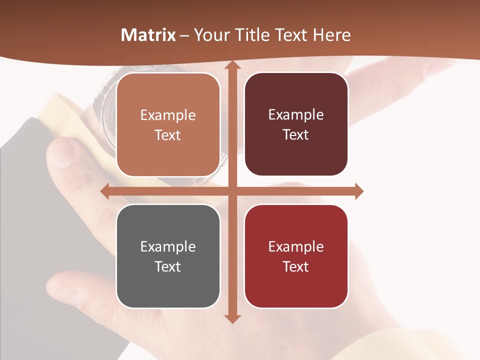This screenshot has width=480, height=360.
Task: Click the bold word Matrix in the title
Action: [x=148, y=35]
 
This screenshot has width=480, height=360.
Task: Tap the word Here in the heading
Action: [x=332, y=35]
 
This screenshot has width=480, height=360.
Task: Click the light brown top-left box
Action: [x=168, y=124]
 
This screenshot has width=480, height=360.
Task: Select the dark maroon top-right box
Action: [x=296, y=124]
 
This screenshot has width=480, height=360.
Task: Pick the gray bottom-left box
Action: [x=168, y=256]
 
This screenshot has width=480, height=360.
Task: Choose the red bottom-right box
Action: [x=296, y=256]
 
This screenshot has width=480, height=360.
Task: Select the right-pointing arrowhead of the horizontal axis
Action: [x=358, y=191]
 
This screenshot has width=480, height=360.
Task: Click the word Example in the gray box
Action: [x=168, y=246]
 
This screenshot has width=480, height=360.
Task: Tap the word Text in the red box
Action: [x=296, y=266]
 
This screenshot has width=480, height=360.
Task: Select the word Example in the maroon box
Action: [x=296, y=114]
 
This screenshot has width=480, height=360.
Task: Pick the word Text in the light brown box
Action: [x=168, y=135]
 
